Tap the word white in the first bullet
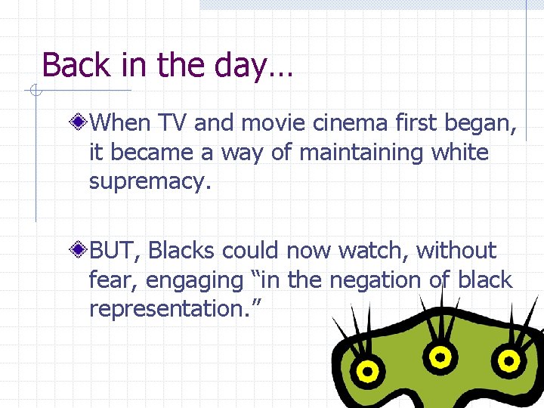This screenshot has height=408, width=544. coord(459,152)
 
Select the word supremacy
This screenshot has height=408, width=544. coord(146,181)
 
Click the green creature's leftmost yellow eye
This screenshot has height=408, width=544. coord(366,370)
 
